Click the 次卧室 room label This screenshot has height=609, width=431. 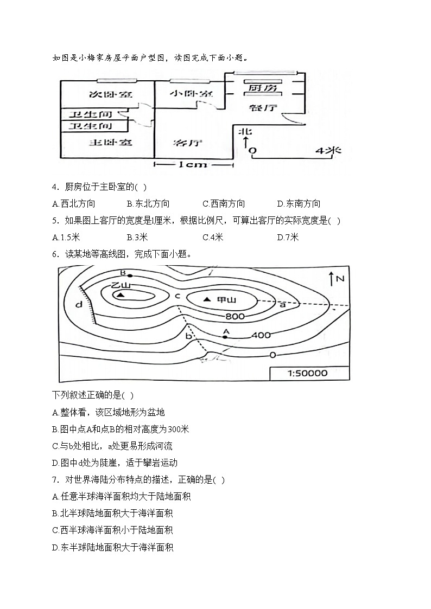tap(110, 94)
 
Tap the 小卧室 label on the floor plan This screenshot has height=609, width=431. tap(191, 93)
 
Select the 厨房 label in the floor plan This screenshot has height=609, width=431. tap(263, 87)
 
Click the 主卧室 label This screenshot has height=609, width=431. tap(111, 143)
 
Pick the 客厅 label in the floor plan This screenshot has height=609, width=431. tap(188, 143)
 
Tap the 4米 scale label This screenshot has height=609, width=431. tap(328, 150)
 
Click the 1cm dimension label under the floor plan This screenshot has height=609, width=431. tap(193, 164)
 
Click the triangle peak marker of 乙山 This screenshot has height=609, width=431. tap(120, 295)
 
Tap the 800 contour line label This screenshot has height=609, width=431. tap(235, 316)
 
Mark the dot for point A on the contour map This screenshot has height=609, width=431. tap(225, 337)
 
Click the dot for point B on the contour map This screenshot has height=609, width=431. tap(129, 276)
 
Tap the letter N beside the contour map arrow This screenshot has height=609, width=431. tap(340, 279)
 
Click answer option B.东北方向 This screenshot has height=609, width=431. tap(148, 204)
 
